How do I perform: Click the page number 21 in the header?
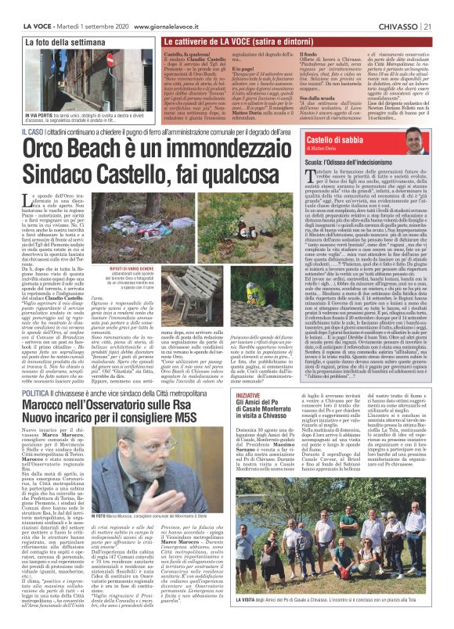coord(443,7)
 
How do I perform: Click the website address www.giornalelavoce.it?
coord(173,7)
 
